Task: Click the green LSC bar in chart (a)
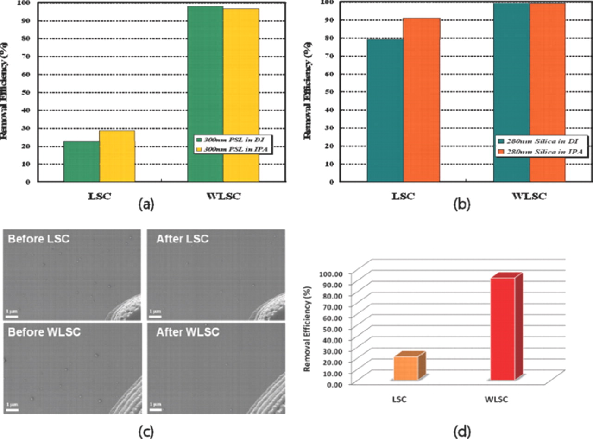click(81, 161)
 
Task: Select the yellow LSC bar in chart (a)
click(117, 156)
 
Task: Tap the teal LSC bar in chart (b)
click(385, 110)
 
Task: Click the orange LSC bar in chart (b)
click(421, 99)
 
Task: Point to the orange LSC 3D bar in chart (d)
click(406, 368)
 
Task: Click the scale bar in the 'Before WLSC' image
click(12, 409)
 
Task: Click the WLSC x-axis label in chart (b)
click(529, 197)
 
